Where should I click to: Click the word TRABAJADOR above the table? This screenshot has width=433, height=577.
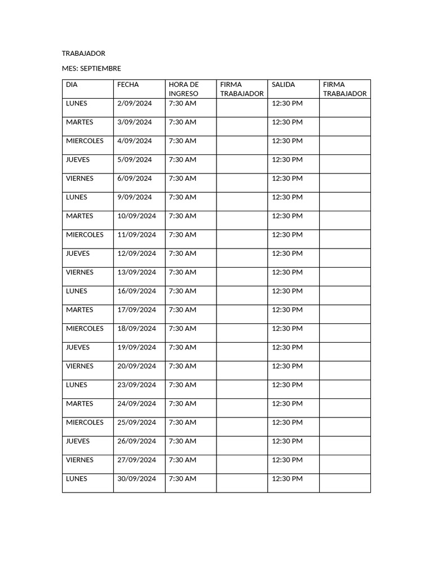[83, 54]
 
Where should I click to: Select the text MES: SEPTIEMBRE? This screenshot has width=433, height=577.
[91, 69]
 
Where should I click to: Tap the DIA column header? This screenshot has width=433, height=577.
[72, 85]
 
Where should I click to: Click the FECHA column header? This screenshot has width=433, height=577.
[128, 85]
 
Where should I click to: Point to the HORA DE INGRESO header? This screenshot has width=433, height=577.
[184, 89]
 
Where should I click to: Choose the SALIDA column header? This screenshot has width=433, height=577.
[283, 85]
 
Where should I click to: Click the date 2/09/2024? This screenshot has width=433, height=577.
[135, 104]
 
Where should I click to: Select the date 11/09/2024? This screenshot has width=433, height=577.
[136, 235]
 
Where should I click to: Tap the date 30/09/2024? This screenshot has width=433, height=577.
[136, 479]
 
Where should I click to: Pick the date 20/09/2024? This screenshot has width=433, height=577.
[136, 366]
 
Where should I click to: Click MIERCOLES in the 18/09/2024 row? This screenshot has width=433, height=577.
[85, 329]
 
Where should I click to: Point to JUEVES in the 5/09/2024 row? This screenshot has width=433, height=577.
[78, 160]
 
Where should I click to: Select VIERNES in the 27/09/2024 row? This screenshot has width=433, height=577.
[79, 460]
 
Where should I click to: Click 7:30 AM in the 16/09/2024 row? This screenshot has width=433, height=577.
[183, 291]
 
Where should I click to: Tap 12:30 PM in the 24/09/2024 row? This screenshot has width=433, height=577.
[287, 404]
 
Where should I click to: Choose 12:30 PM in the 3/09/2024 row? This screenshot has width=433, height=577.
[287, 122]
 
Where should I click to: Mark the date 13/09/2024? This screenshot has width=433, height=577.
[136, 273]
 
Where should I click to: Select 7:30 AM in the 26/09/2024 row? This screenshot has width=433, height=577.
[183, 441]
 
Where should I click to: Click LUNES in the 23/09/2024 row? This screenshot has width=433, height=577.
[77, 385]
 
